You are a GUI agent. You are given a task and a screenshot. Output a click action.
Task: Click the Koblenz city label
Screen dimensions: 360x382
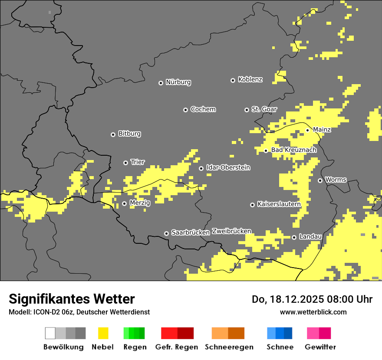click(250, 80)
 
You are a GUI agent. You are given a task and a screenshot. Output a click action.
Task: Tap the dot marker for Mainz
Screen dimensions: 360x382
click(307, 130)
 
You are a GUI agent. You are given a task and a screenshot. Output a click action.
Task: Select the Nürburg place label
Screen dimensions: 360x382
click(178, 82)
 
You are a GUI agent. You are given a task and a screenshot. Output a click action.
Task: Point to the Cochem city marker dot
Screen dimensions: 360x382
click(185, 110)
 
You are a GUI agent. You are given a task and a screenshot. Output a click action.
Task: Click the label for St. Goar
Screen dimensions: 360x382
click(264, 109)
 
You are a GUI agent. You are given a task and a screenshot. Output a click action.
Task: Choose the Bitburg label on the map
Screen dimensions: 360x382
click(129, 134)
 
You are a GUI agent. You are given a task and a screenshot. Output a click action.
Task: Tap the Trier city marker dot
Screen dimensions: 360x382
click(125, 163)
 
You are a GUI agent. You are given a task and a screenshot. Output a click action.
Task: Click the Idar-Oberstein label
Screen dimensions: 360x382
click(228, 168)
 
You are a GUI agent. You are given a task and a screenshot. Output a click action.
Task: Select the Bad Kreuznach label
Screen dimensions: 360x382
click(293, 150)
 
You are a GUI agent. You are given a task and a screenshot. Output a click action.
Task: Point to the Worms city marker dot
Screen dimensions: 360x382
click(320, 180)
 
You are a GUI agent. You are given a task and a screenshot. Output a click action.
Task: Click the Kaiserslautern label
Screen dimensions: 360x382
click(279, 204)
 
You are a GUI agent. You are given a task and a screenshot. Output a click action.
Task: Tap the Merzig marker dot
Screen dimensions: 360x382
click(124, 203)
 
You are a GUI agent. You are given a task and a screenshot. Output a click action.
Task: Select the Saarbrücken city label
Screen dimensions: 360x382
click(190, 233)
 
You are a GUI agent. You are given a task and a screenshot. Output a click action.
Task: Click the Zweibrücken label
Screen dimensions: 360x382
click(231, 232)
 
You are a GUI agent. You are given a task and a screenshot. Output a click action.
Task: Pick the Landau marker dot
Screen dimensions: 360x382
click(294, 237)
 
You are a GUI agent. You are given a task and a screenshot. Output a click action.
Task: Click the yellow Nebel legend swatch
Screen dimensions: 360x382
click(103, 333)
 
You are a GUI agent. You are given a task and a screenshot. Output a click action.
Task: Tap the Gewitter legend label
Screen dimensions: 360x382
click(320, 347)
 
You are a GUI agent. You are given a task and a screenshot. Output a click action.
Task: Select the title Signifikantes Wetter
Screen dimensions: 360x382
click(72, 299)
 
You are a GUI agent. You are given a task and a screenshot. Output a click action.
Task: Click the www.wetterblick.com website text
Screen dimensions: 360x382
click(313, 312)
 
